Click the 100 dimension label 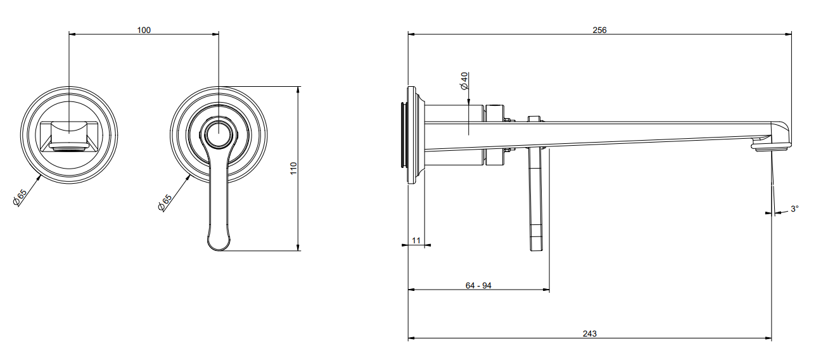(144, 30)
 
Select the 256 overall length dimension (599, 30)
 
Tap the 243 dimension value (589, 333)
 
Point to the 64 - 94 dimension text (478, 285)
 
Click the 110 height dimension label (293, 169)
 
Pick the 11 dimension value (416, 240)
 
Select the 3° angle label (794, 209)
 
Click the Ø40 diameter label (464, 81)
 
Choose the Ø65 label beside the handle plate (165, 203)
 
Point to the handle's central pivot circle (219, 133)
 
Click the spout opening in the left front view (69, 146)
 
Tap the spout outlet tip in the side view (772, 148)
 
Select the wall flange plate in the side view (412, 135)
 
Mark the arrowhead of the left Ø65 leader (39, 177)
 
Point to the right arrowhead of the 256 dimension (788, 34)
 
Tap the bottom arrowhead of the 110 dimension (298, 247)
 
